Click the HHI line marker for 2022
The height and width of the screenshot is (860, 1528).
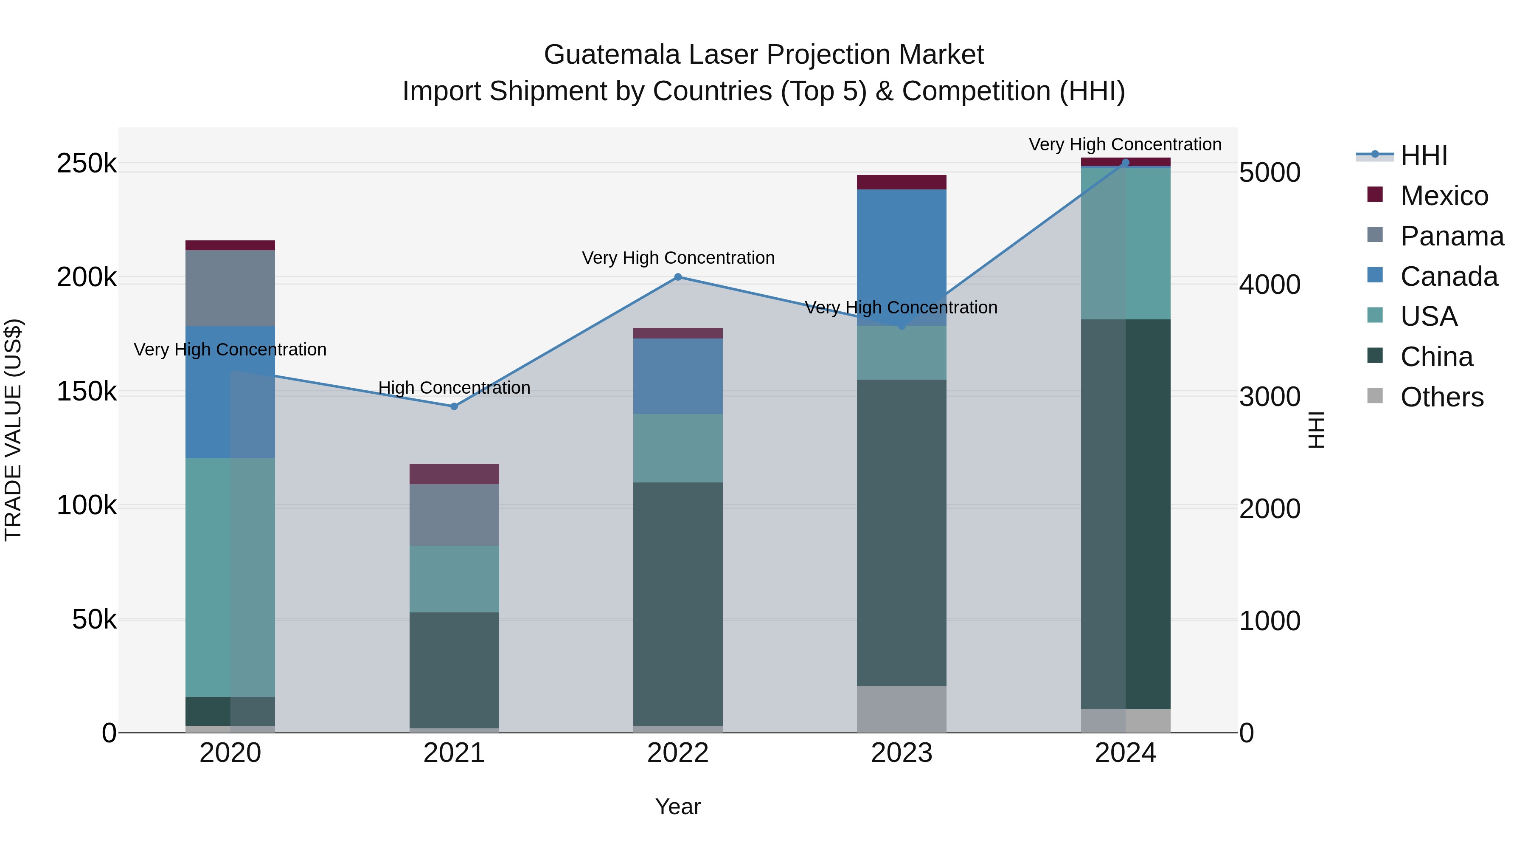pos(678,277)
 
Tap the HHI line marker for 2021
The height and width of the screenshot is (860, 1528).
pos(454,406)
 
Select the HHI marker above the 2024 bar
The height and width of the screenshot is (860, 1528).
pos(1125,163)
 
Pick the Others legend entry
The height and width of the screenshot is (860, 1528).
pos(1441,397)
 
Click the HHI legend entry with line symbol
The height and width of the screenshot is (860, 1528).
pos(1424,155)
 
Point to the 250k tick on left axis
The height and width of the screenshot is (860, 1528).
pos(87,163)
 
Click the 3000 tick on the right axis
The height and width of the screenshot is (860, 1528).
pos(1270,397)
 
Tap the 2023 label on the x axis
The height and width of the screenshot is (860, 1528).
pos(902,753)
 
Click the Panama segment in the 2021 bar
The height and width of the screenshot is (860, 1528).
pos(454,515)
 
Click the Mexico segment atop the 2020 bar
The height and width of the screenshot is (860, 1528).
pos(230,245)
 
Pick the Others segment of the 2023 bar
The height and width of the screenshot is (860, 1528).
pos(902,709)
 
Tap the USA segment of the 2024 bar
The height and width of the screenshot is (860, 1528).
pos(1125,243)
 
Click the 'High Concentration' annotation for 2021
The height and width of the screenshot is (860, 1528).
pos(454,388)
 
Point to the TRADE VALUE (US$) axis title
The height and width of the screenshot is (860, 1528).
pos(13,430)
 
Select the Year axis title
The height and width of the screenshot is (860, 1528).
pos(678,806)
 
